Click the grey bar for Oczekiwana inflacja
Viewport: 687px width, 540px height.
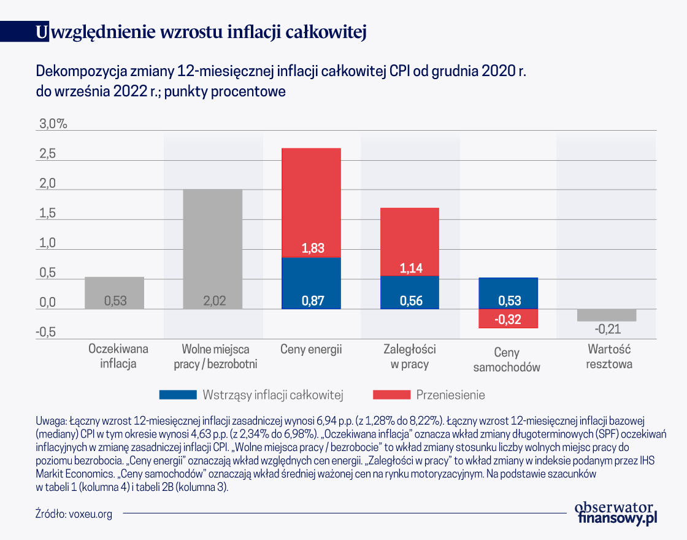click(114, 293)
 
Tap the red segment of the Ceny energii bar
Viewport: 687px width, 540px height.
click(311, 202)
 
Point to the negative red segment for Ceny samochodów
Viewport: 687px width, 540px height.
click(508, 318)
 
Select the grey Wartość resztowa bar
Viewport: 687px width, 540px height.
click(607, 315)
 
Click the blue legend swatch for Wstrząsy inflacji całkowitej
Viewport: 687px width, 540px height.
click(177, 394)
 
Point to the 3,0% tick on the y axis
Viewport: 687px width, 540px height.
click(53, 124)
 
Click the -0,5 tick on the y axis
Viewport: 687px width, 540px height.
click(47, 332)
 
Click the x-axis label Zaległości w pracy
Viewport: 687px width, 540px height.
click(410, 357)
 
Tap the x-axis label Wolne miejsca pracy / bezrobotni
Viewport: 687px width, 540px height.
click(213, 357)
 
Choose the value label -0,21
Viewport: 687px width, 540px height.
click(607, 329)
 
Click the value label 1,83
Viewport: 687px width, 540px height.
click(311, 249)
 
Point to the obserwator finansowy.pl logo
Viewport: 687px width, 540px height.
click(615, 512)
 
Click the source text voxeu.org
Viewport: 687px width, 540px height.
click(90, 514)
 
